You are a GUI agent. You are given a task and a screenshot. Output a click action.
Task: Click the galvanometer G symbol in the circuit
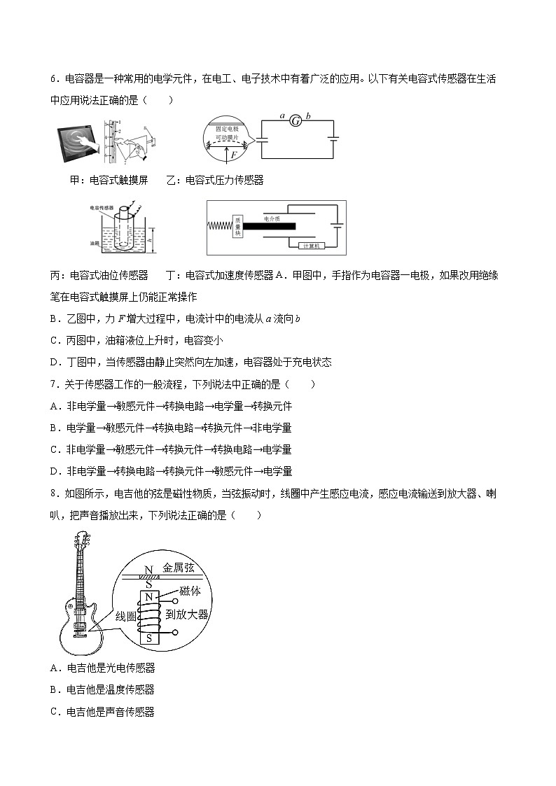pyautogui.click(x=296, y=120)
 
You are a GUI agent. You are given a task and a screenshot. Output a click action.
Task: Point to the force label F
pyautogui.click(x=233, y=155)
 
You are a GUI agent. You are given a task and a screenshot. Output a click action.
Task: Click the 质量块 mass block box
pyautogui.click(x=237, y=228)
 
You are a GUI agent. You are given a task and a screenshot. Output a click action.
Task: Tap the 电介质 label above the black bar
pyautogui.click(x=272, y=218)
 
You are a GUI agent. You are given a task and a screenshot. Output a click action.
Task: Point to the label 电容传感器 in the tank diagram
pyautogui.click(x=102, y=208)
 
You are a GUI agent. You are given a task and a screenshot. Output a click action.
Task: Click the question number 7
pyautogui.click(x=54, y=384)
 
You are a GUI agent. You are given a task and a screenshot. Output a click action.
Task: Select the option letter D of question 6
pyautogui.click(x=54, y=362)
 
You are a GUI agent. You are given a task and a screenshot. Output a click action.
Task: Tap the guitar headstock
pyautogui.click(x=81, y=542)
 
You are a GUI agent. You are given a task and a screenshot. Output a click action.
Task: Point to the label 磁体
pyautogui.click(x=190, y=591)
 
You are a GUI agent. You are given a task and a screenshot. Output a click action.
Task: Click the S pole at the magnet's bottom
pyautogui.click(x=148, y=638)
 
